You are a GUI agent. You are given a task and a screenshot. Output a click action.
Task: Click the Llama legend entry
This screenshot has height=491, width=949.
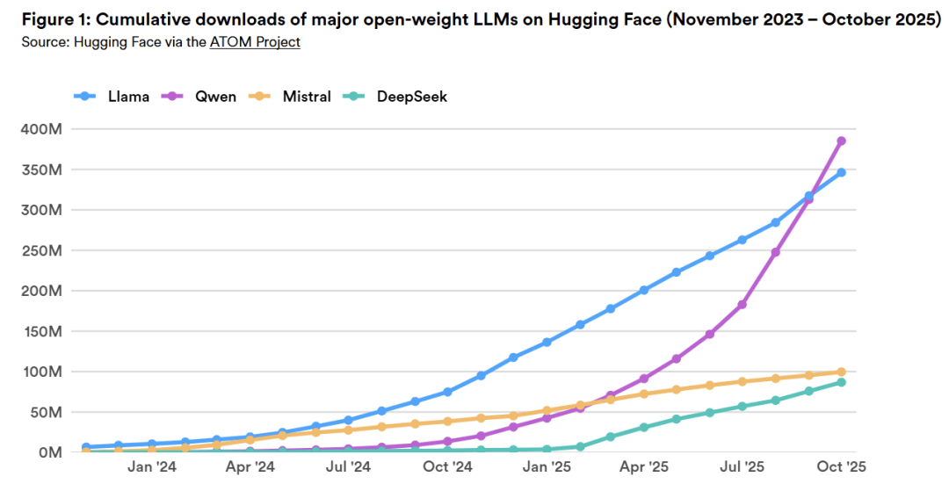[x=112, y=97]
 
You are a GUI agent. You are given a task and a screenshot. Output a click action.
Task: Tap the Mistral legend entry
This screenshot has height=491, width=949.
[x=291, y=97]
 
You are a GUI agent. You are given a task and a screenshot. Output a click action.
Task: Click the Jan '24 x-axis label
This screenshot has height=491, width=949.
[x=152, y=467]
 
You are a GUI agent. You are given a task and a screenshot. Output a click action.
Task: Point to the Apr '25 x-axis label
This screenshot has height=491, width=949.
[x=645, y=467]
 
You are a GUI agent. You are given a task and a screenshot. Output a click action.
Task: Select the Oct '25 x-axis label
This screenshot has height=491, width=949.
[x=841, y=467]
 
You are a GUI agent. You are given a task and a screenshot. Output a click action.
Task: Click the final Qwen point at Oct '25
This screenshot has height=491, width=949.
[x=841, y=141]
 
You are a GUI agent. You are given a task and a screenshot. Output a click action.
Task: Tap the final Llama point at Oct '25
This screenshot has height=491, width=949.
[x=841, y=172]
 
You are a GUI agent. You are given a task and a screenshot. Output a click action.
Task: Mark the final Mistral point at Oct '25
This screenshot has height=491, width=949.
[x=841, y=372]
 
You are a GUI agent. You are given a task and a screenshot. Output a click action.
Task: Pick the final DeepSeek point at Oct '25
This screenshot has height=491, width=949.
[x=841, y=382]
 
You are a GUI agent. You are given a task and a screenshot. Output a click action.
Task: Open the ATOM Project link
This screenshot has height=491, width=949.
[x=255, y=41]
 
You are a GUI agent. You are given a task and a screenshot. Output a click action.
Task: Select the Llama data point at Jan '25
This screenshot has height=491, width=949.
[x=547, y=342]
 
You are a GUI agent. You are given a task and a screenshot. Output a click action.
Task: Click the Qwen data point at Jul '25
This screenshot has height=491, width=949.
[x=743, y=305]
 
